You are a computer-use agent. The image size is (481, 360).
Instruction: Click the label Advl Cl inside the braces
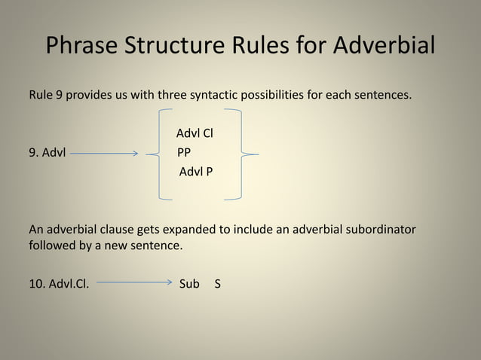(x=195, y=133)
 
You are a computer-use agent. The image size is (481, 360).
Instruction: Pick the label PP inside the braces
(x=183, y=153)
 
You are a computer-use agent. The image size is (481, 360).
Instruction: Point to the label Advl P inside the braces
(x=195, y=172)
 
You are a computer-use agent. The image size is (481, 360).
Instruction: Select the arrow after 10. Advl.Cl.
(x=135, y=285)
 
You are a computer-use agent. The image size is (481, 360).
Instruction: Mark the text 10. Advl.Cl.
(x=59, y=285)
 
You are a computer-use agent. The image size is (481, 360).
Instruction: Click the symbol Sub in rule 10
(x=189, y=285)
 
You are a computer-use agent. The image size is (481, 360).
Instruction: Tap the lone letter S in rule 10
(x=218, y=285)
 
